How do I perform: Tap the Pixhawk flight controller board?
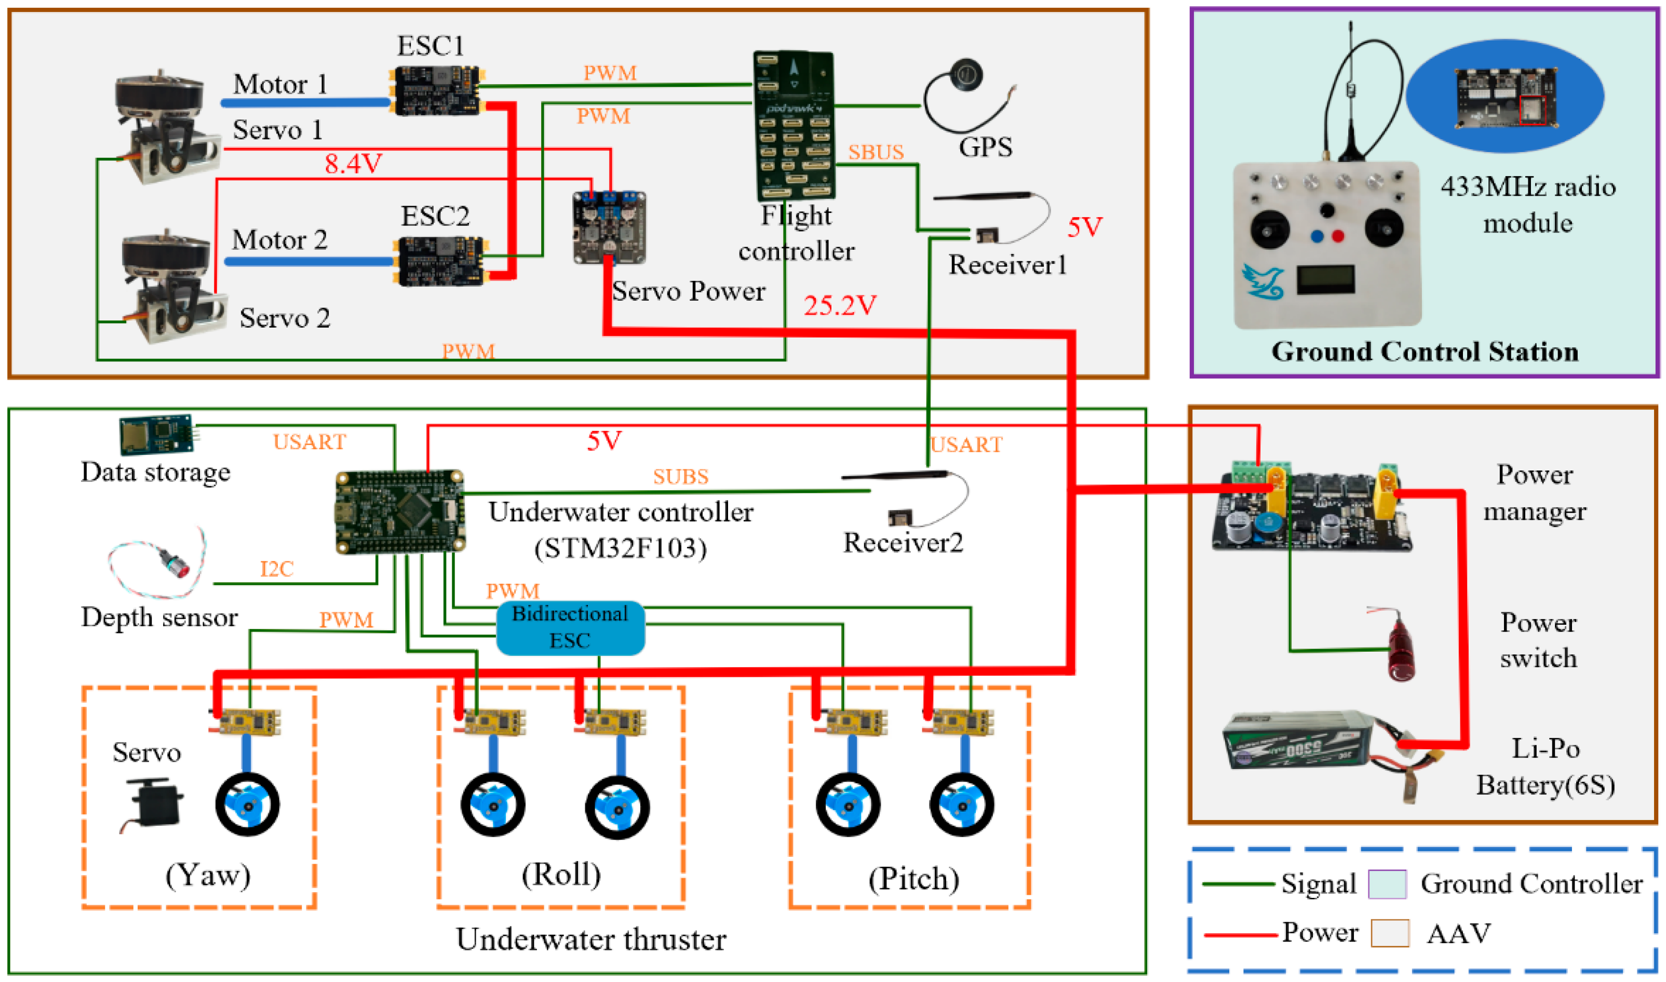coord(795,126)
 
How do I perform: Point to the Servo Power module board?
coord(609,227)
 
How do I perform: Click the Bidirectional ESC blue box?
coord(570,627)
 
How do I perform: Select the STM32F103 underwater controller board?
coord(400,512)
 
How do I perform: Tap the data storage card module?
coord(156,434)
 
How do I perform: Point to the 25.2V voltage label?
coord(840,306)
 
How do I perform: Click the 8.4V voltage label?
coord(353,164)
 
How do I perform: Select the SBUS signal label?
coord(876,152)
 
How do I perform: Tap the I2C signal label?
coord(277,569)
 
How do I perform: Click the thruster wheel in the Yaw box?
coord(247,804)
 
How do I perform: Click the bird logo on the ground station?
coord(1264,281)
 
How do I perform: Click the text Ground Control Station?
coord(1425,352)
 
